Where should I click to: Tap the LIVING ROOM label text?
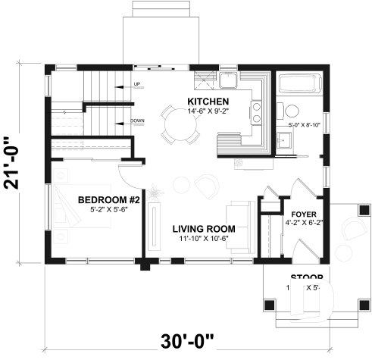203,228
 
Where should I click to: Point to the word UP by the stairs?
136,84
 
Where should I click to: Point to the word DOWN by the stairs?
138,121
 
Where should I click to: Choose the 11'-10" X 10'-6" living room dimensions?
203,239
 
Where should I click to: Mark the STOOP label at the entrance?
307,277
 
